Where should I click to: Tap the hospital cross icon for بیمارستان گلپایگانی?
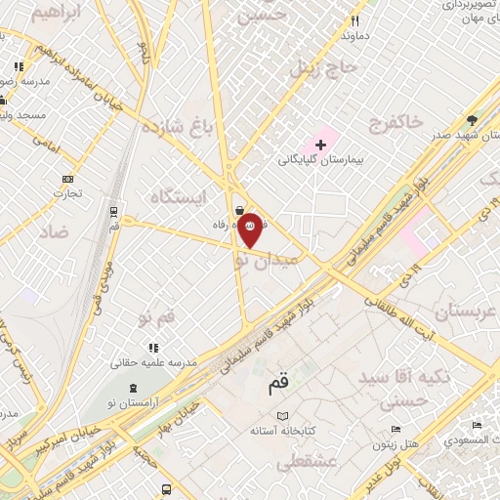point(320,145)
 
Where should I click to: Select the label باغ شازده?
point(176,129)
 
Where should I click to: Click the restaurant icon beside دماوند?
point(355,21)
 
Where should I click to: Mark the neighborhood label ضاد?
point(57,231)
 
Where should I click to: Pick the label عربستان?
point(465,312)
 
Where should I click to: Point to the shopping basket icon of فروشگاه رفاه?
point(240,209)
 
